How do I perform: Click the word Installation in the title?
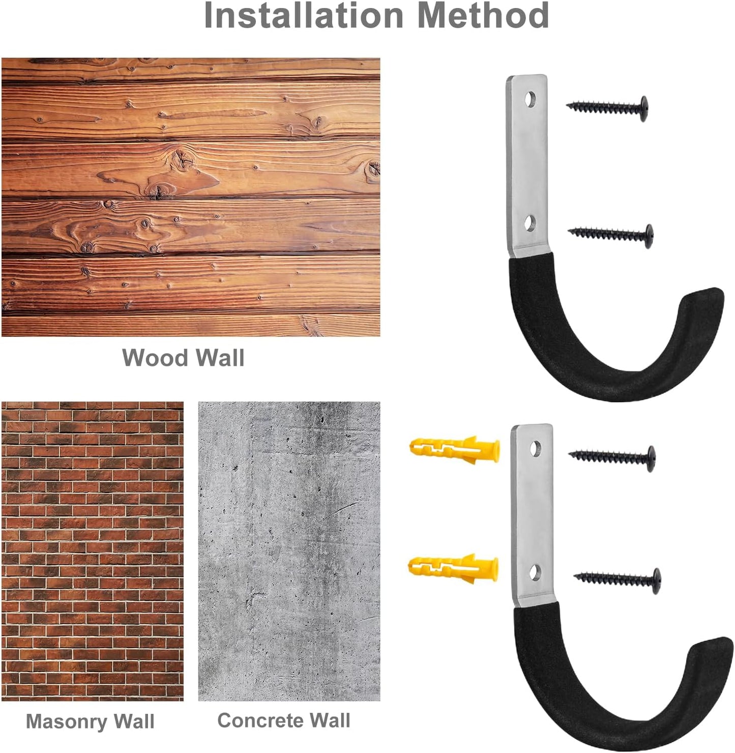[x=304, y=15]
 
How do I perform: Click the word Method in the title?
[x=484, y=15]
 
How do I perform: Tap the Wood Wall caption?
[x=183, y=357]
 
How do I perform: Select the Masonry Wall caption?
[x=90, y=721]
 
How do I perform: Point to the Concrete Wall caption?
[x=284, y=720]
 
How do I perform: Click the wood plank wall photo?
[x=191, y=197]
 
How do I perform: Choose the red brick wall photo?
[x=93, y=552]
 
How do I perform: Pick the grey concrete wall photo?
[x=289, y=552]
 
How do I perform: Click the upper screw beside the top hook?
[x=607, y=109]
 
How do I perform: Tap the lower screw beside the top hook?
[x=610, y=236]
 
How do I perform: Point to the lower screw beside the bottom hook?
[x=618, y=581]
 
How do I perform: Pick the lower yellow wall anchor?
[x=453, y=568]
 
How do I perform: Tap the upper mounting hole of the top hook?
[x=531, y=99]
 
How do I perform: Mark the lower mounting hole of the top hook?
[x=530, y=224]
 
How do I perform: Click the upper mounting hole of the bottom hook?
[x=536, y=449]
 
